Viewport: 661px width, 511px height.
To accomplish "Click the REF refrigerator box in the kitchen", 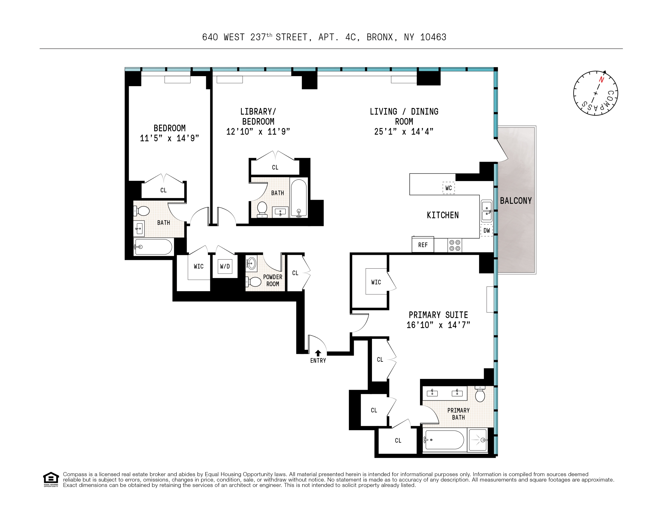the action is (423, 244).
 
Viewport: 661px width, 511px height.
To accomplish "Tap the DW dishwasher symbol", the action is (486, 230).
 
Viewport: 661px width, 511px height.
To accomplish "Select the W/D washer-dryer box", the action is (225, 266).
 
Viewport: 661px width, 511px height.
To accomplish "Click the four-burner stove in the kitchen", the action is (455, 245).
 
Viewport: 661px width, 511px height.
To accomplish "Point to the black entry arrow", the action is (318, 353).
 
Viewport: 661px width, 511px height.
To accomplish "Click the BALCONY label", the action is (516, 201).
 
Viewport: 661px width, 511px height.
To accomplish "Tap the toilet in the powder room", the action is (253, 282).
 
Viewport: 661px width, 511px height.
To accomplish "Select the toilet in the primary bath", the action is (480, 394).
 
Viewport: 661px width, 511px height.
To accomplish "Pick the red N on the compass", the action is (601, 80).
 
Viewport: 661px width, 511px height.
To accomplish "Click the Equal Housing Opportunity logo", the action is (51, 480).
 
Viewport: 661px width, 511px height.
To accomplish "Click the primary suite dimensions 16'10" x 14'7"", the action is (438, 325).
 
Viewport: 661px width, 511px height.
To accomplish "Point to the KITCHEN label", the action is (442, 215).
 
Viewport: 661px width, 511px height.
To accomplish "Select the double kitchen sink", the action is (487, 211).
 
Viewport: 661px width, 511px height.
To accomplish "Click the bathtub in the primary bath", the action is (443, 440).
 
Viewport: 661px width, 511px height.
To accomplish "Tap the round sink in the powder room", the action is (251, 263).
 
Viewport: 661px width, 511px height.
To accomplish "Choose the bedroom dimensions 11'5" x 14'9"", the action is (170, 138).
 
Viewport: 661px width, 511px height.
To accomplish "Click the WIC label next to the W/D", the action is (199, 266).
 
